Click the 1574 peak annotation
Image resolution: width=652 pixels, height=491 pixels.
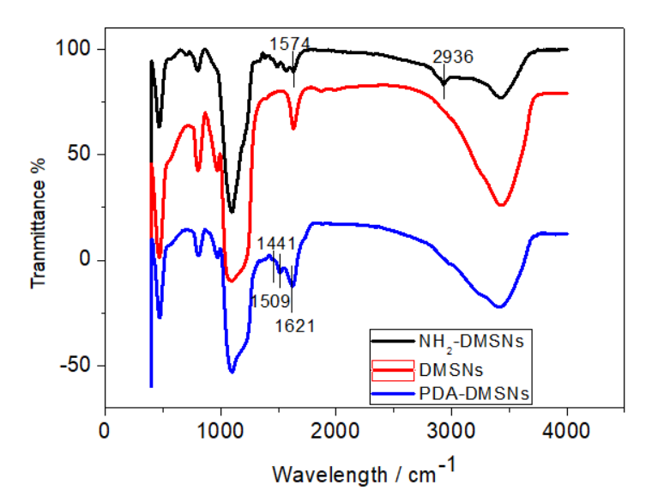coord(289,43)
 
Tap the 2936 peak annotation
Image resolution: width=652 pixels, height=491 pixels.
coord(453,58)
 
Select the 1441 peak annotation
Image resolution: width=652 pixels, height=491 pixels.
coord(276,244)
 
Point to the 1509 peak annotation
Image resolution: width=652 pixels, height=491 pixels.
coord(269,301)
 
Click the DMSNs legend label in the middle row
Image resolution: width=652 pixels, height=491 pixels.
coord(451,369)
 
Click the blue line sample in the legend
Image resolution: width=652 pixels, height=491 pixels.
coord(393,394)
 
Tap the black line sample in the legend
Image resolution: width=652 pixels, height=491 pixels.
coord(393,342)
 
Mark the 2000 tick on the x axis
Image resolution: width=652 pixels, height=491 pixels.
coord(335,429)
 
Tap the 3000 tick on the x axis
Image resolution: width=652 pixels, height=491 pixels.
coord(450,429)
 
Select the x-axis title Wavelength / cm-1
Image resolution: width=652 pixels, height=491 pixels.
coord(365,470)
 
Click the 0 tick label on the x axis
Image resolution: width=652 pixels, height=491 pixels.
coord(105,429)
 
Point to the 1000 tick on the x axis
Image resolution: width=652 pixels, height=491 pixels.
coord(220,429)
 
